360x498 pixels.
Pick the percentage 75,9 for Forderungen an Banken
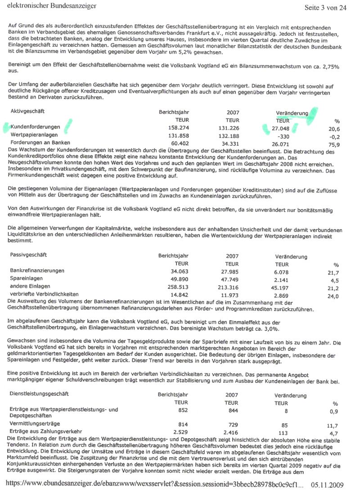coord(334,144)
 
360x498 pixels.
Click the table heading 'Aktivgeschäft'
coord(27,111)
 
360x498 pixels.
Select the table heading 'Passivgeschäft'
coord(28,255)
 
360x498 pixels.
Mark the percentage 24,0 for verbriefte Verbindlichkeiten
coord(333,296)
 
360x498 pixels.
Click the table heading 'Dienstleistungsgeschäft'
coord(39,394)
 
